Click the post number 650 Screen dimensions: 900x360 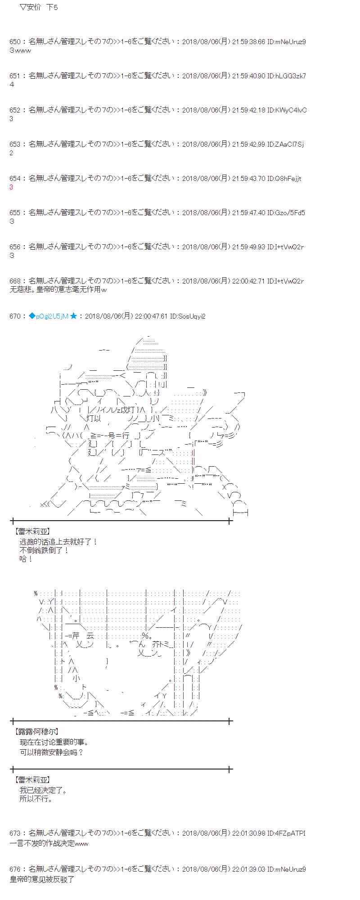pyautogui.click(x=14, y=42)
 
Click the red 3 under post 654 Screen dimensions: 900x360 pyautogui.click(x=11, y=187)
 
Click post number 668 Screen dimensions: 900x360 pyautogui.click(x=14, y=281)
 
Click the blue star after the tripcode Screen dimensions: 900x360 pyautogui.click(x=73, y=316)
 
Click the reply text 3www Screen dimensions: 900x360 pyautogui.click(x=20, y=50)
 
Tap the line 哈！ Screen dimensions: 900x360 pyautogui.click(x=26, y=559)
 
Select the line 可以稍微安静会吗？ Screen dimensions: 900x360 pyautogui.click(x=52, y=752)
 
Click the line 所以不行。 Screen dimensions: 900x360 pyautogui.click(x=36, y=799)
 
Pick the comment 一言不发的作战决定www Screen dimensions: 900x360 pyautogui.click(x=49, y=843)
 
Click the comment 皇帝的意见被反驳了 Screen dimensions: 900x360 pyautogui.click(x=42, y=879)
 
